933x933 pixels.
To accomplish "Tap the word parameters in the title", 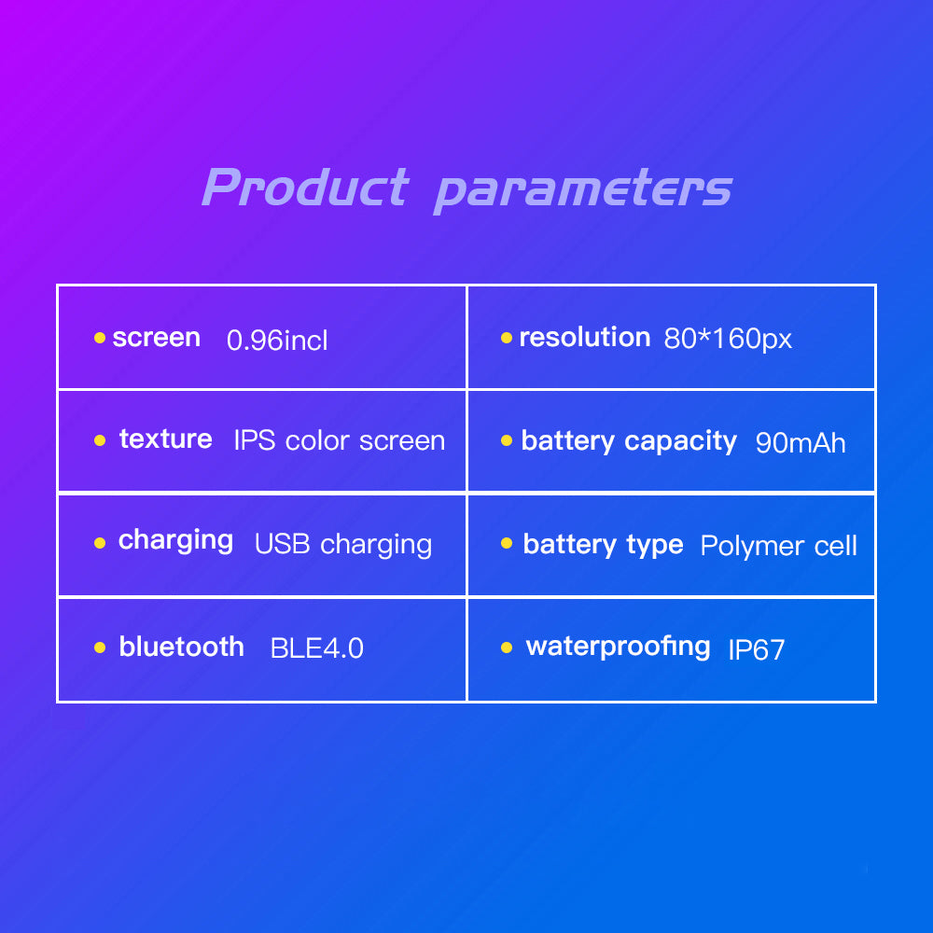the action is [x=583, y=189].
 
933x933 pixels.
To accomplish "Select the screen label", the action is [x=157, y=338].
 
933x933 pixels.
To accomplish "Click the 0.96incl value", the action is [x=277, y=340].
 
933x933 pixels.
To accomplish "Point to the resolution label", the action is [x=585, y=337].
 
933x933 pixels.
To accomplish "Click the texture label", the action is [x=165, y=439].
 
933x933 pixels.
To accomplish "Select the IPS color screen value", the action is [x=340, y=441].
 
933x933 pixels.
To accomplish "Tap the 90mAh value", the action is [x=801, y=442].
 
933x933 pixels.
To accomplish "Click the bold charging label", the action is [x=175, y=541].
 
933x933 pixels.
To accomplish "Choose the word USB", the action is [x=282, y=544].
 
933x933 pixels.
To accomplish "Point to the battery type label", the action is [x=603, y=545].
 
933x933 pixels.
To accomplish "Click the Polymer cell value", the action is [x=779, y=546].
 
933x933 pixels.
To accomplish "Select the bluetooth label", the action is [x=182, y=647].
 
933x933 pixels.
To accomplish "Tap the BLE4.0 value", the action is [x=316, y=648].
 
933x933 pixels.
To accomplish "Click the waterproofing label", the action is [x=619, y=647].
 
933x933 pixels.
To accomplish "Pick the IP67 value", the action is [x=757, y=649].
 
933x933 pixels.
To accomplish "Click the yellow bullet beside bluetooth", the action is [x=100, y=648].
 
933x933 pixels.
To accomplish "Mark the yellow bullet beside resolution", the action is [x=507, y=338].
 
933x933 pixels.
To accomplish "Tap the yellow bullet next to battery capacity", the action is [x=507, y=440].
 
